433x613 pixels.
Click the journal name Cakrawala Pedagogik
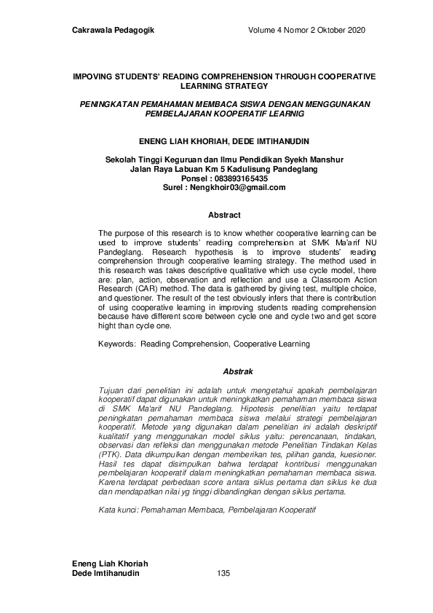pos(114,30)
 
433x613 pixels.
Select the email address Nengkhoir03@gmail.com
pos(237,187)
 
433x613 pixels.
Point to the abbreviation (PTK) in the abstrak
pos(111,454)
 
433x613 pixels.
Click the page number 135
pos(224,574)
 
